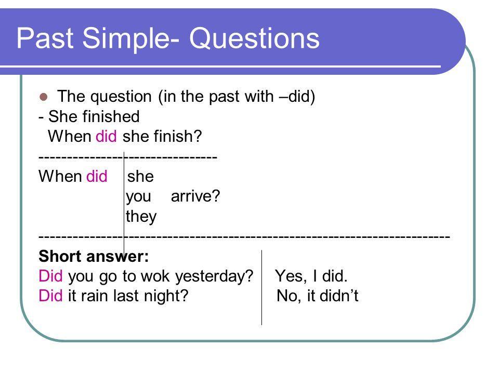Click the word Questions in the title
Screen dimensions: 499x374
[x=254, y=38]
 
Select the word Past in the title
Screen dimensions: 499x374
[x=45, y=38]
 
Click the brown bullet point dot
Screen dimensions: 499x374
[x=43, y=97]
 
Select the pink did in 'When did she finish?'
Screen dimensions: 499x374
[x=106, y=136]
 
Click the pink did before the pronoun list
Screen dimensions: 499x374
[x=97, y=176]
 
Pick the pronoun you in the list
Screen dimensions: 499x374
[x=138, y=197]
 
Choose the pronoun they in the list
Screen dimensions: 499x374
[x=141, y=217]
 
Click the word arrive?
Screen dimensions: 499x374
[x=195, y=196]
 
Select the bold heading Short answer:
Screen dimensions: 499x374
[x=94, y=256]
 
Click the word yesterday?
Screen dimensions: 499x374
[x=214, y=276]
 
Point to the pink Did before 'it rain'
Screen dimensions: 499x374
[x=50, y=296]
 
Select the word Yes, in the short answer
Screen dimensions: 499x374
[x=291, y=276]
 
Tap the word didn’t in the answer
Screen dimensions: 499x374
[x=339, y=296]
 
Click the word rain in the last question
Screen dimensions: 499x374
[x=94, y=296]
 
